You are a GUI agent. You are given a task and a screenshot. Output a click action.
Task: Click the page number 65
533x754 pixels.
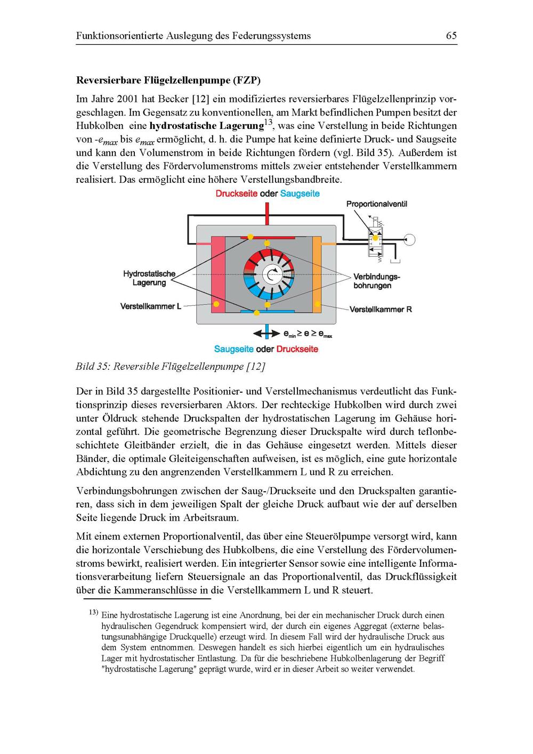(451, 36)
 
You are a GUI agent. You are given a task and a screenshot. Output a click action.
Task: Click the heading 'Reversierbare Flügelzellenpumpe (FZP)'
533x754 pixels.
(168, 81)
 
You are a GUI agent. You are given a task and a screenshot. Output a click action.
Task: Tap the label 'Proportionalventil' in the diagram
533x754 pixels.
(376, 204)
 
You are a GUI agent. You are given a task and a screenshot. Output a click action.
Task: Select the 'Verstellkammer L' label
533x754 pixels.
(151, 306)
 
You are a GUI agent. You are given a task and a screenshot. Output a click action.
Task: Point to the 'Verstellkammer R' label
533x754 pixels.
(381, 309)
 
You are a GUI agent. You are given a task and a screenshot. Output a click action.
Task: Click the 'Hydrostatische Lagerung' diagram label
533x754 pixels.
(149, 278)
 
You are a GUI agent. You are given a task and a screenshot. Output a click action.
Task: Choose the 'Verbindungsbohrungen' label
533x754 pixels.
(376, 281)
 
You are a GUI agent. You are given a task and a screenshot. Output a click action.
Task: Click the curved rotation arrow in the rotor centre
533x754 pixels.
(273, 274)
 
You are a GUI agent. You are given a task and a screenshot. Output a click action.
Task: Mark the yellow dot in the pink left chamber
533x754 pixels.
(216, 304)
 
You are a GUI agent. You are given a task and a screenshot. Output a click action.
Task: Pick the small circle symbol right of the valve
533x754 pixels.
(409, 239)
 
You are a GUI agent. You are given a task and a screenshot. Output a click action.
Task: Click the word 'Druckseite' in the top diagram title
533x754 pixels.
(239, 193)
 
